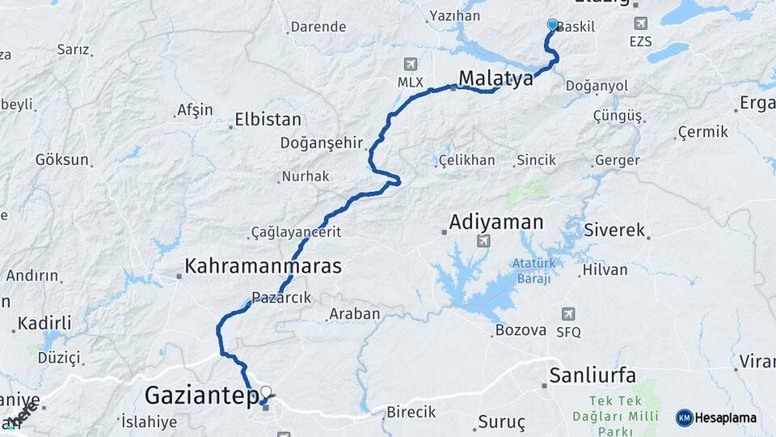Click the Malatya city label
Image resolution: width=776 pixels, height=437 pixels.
(496, 78)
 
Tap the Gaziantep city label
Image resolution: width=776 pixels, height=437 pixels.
(201, 396)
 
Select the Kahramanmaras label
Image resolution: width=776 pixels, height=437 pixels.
(264, 265)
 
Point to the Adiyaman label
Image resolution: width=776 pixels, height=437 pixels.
(496, 221)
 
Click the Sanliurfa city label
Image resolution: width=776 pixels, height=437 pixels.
(593, 375)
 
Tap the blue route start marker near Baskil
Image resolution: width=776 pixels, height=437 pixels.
(553, 25)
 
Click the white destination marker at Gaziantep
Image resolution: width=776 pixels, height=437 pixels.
(265, 392)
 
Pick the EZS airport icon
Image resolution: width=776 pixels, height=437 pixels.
(641, 24)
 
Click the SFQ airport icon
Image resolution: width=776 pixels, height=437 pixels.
(568, 314)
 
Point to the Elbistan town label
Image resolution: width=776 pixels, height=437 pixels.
(268, 120)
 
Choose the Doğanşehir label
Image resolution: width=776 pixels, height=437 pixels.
(321, 142)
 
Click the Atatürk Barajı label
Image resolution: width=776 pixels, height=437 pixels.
(531, 271)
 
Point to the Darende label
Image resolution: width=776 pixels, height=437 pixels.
(318, 27)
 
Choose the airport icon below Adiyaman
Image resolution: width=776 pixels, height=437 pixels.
(483, 241)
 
